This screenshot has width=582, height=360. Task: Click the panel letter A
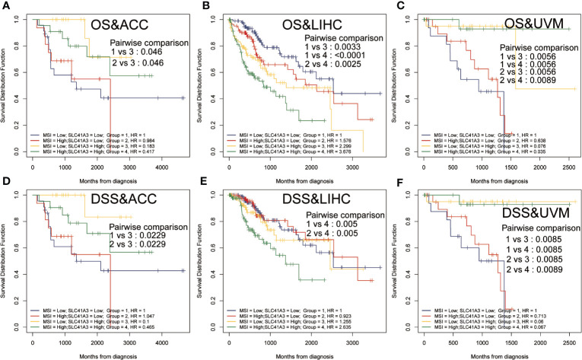coord(6,7)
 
